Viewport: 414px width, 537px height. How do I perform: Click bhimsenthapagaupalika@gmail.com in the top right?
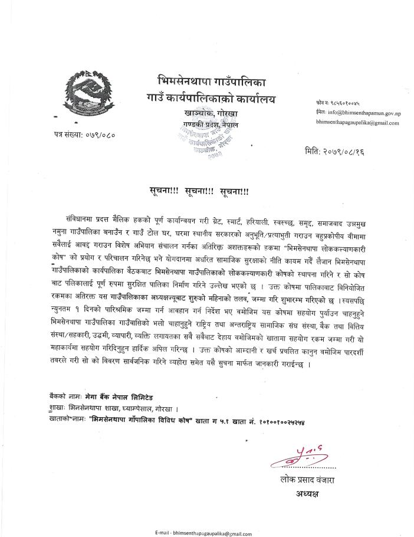tap(357, 123)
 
